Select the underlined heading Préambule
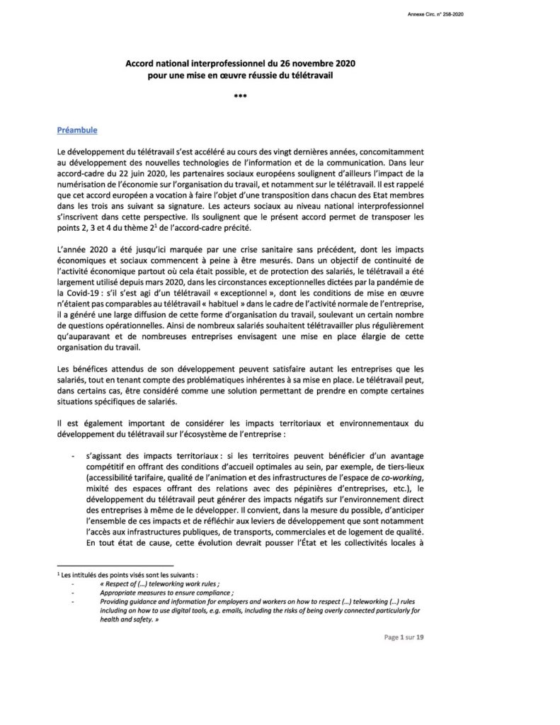click(x=77, y=130)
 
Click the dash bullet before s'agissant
click(x=72, y=458)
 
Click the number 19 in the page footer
click(x=420, y=637)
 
